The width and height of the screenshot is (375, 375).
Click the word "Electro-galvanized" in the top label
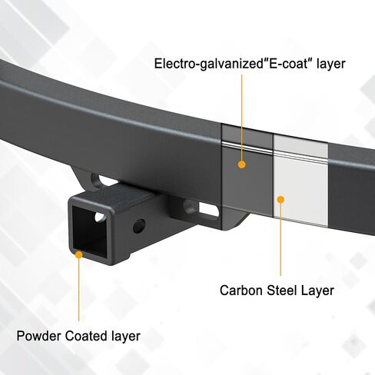[x=209, y=64]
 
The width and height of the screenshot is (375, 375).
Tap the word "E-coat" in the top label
[x=290, y=63]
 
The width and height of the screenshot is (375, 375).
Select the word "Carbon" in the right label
[x=241, y=290]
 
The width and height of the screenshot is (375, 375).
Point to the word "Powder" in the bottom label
[x=39, y=336]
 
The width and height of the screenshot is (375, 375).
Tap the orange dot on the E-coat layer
[x=241, y=164]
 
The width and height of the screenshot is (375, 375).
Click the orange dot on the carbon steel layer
[x=281, y=200]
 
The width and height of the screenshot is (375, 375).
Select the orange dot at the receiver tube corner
[x=79, y=254]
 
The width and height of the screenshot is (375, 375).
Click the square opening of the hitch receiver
[x=89, y=231]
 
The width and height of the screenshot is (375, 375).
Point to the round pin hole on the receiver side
[x=139, y=226]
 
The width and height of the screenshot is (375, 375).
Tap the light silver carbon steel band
[x=300, y=180]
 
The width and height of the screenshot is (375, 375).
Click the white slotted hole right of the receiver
[x=209, y=210]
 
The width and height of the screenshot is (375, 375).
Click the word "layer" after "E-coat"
[x=331, y=64]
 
